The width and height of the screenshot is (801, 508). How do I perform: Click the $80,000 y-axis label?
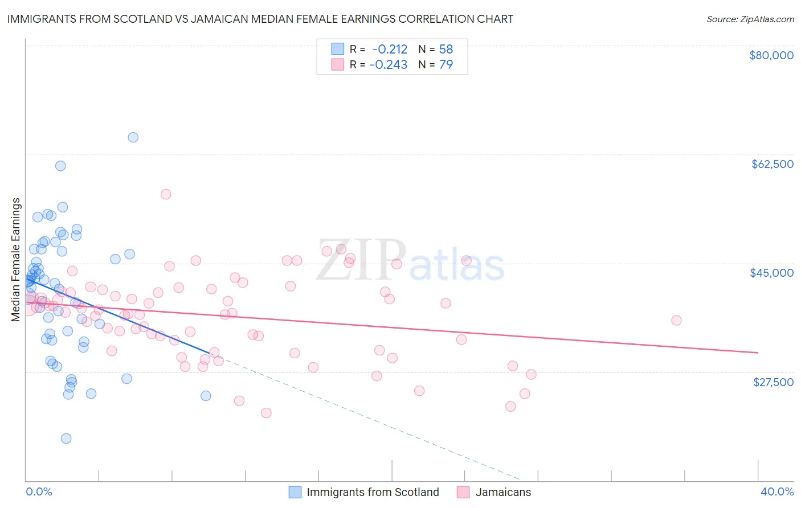771,55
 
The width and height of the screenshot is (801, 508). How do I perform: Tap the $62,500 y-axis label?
773,164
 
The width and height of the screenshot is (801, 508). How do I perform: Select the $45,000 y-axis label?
771,273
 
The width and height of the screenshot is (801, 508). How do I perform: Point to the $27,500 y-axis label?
773,382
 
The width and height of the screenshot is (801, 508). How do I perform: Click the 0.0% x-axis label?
39,491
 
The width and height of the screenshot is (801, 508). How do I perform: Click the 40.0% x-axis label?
777,491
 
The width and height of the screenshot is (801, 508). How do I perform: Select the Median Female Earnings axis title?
16,260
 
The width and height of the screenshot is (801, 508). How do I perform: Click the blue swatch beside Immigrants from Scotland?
295,493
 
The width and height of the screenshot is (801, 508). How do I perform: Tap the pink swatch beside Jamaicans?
463,493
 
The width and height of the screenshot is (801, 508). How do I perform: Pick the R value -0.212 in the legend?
390,50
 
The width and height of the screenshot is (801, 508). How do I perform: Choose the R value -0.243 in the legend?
389,65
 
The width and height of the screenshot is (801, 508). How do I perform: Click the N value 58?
446,50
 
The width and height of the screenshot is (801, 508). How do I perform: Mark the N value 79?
446,65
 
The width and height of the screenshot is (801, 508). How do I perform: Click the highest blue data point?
133,137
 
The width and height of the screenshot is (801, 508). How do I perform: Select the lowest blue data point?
66,439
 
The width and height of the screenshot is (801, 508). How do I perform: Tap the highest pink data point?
166,194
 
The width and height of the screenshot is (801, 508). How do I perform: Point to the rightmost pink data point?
676,320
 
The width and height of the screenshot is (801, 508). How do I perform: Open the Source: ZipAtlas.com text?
750,19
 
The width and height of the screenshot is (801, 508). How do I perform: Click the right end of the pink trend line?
758,353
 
